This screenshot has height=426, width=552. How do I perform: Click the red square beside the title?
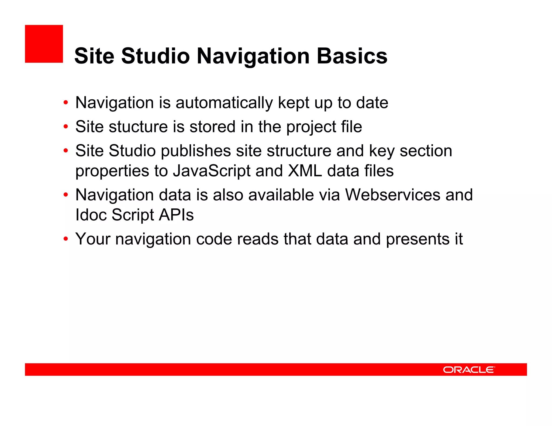coord(44,44)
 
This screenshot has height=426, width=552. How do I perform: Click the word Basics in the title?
coord(352,56)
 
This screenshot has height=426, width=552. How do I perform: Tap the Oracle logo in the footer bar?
coord(469,369)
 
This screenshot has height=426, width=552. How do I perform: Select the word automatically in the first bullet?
coord(224,103)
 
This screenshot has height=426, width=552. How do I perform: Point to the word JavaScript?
coord(212,171)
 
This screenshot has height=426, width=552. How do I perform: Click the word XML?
coord(305,171)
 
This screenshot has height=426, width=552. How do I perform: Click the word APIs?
coord(176,215)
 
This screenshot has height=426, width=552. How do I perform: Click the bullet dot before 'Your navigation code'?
coord(65,239)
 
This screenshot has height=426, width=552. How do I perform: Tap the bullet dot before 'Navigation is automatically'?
coord(65,103)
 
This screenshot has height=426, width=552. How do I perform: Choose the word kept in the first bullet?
coord(294,103)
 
